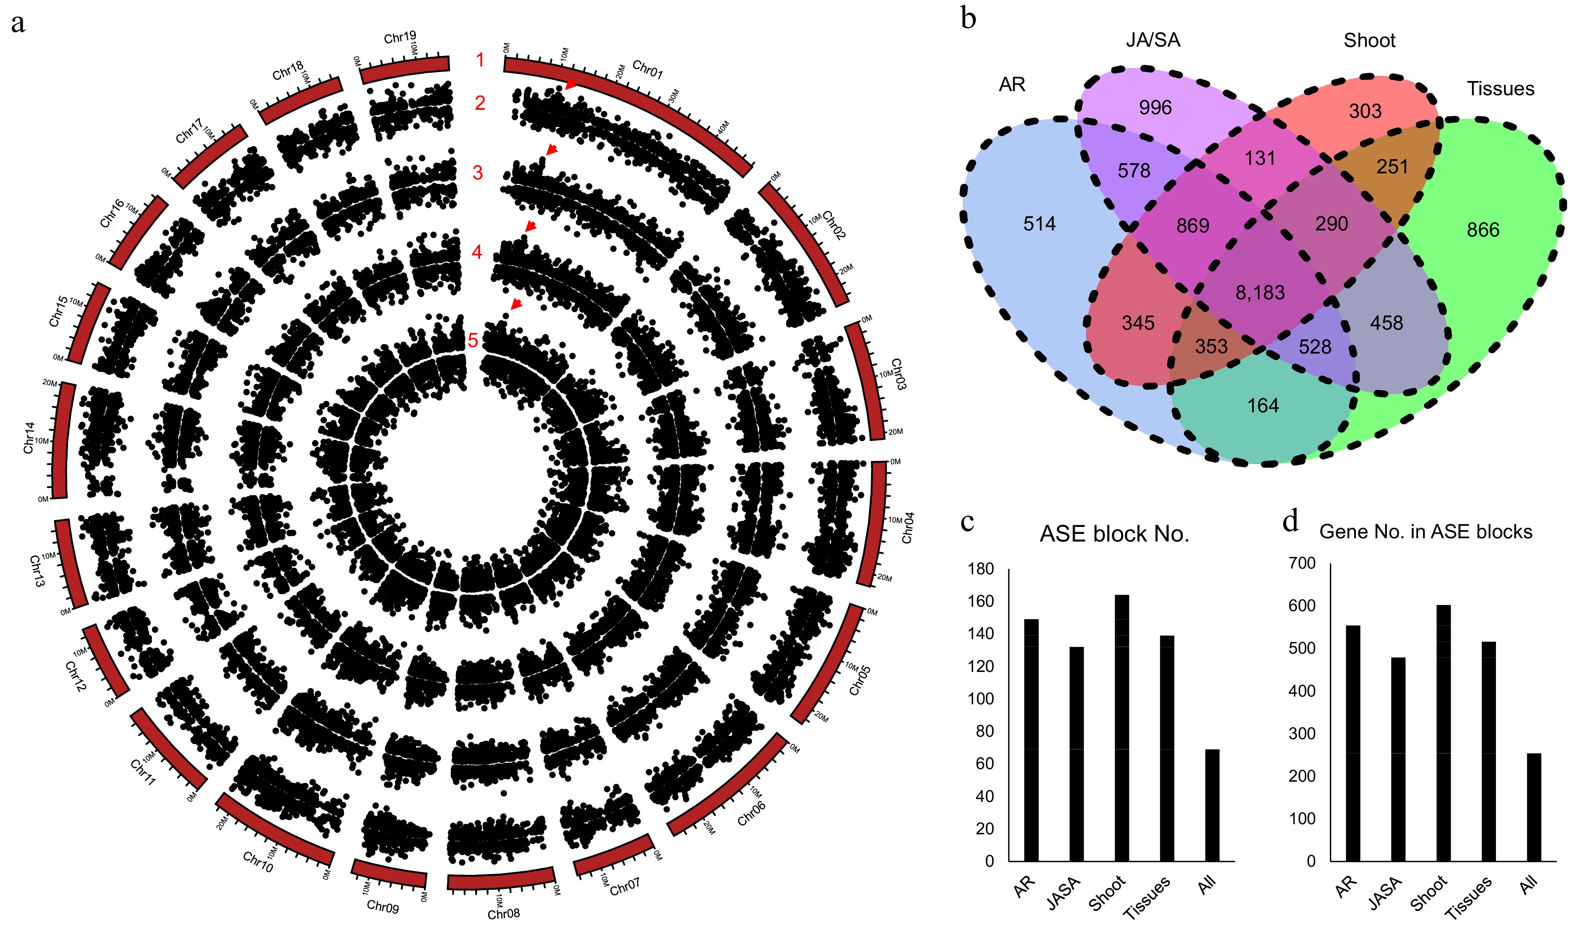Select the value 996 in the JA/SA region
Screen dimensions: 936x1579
[1154, 108]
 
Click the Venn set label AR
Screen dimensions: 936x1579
[1012, 85]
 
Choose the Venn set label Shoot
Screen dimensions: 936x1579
[1369, 41]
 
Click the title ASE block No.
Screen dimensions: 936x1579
[1114, 534]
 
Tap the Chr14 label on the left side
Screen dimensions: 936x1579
[29, 438]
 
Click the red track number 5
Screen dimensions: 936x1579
[472, 341]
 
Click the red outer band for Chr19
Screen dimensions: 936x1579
[405, 69]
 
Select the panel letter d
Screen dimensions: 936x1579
[1290, 521]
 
